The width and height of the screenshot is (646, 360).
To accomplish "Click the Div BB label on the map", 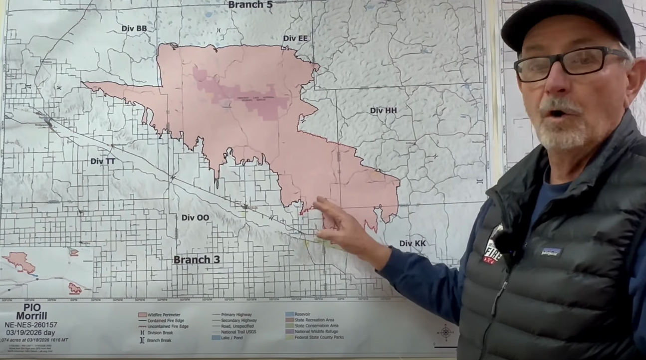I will (x=134, y=28).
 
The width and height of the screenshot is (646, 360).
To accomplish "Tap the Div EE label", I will (x=295, y=38).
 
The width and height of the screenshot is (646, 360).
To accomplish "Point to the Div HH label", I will (x=383, y=110).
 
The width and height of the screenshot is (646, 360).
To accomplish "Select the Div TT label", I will (x=103, y=161).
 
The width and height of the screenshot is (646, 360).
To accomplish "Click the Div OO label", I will (x=195, y=217).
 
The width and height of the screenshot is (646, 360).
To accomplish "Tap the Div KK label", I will (x=413, y=243).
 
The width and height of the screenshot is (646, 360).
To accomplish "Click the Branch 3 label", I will (x=197, y=260).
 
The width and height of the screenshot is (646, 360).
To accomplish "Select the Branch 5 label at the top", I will (x=250, y=5).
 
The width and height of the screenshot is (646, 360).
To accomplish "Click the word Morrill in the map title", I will (x=31, y=316).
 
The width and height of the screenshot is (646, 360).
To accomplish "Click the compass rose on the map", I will (x=445, y=333).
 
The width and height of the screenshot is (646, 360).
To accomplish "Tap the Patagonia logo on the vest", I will (x=552, y=252).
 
